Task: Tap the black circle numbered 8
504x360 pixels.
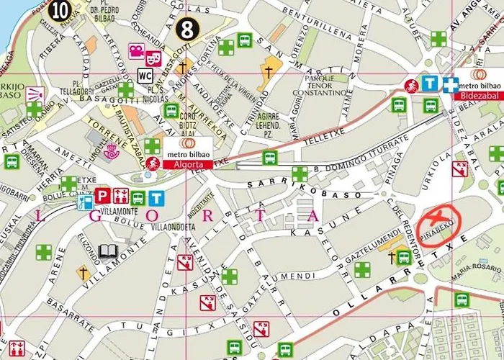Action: (187, 30)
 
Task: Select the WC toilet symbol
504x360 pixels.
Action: (144, 75)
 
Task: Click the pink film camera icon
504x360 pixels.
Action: (135, 50)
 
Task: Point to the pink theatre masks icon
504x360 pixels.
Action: (153, 58)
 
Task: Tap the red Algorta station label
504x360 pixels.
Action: (188, 165)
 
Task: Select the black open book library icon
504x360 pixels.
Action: (108, 251)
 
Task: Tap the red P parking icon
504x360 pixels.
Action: (103, 195)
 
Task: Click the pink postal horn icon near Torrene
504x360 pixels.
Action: (110, 152)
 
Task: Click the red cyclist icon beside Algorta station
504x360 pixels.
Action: (153, 163)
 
